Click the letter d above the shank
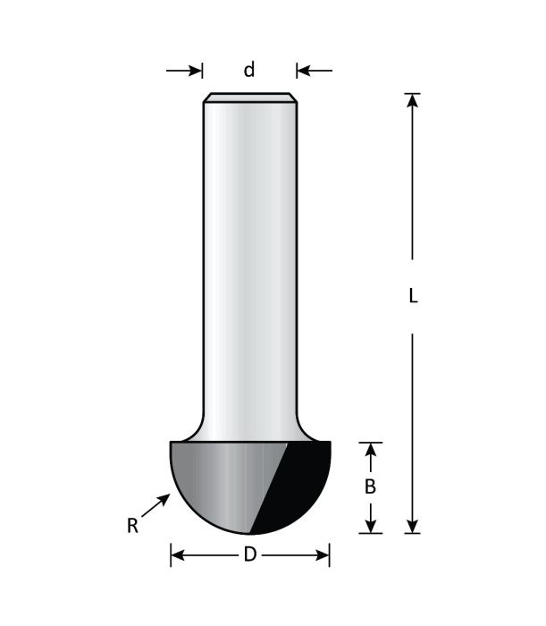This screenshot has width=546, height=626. (249, 70)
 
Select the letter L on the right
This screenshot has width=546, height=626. (413, 297)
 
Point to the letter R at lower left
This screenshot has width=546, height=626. (132, 527)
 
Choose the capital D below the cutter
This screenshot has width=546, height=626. (249, 555)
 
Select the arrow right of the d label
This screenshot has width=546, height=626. (314, 71)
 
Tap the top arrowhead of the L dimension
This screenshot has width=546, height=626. (412, 100)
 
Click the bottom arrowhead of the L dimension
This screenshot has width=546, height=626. (412, 526)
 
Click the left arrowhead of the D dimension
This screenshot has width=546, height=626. (177, 555)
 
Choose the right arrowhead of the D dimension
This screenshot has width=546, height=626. (323, 555)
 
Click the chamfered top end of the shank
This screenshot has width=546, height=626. (249, 97)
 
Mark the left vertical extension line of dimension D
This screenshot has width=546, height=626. (171, 554)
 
